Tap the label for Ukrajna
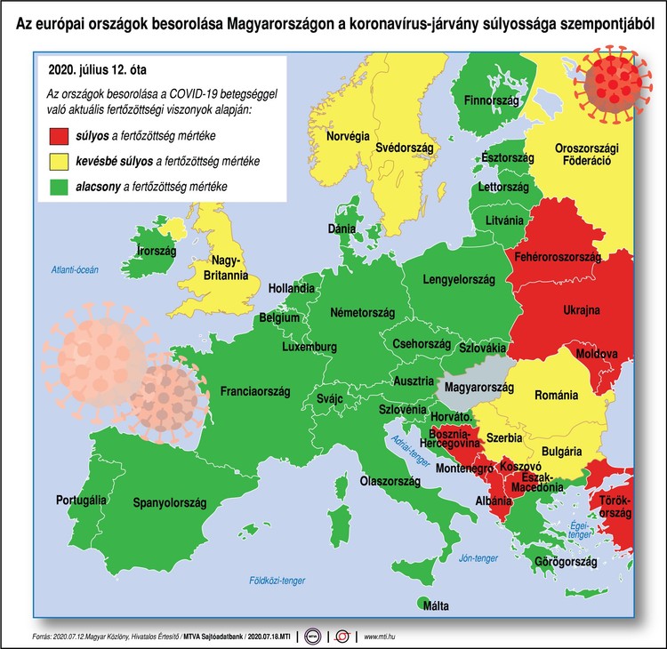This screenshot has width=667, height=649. click(582, 310)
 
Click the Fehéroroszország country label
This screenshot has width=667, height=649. click(559, 257)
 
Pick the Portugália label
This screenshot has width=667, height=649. click(81, 500)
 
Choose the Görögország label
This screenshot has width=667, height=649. click(565, 562)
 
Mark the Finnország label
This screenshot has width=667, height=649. click(492, 100)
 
